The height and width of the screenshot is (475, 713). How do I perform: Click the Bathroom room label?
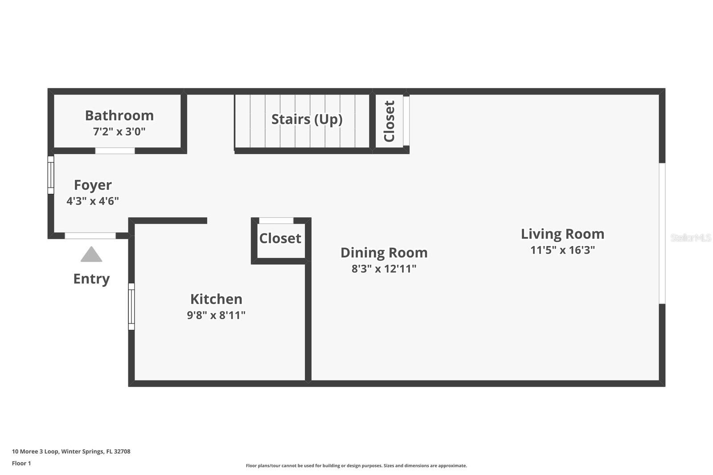[119, 115]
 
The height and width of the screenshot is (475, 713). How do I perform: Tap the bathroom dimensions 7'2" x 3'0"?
[119, 131]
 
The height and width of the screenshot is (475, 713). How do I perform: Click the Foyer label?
[93, 185]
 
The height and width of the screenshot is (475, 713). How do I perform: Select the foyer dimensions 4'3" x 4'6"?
[93, 201]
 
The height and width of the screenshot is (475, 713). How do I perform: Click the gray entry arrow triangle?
[91, 255]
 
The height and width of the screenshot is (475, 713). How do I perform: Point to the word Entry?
[91, 279]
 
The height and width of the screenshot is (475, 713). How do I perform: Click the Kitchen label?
[216, 299]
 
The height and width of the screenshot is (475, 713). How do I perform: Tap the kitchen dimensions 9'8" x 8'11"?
[216, 315]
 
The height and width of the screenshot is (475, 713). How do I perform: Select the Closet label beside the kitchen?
[280, 238]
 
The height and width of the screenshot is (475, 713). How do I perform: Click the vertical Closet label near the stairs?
[389, 121]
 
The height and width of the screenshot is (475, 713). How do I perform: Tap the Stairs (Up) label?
[307, 119]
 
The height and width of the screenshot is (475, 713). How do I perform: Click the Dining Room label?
[384, 253]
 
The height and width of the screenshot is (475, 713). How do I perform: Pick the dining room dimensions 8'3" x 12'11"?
[384, 269]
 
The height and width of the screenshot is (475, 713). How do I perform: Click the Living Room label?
[562, 234]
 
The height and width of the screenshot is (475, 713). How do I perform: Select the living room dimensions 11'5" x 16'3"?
[562, 250]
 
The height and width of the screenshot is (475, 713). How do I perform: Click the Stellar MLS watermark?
[690, 238]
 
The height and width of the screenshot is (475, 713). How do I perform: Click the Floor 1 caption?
[21, 463]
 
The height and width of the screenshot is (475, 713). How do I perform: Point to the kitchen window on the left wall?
[131, 307]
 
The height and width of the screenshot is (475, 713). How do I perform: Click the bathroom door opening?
[115, 151]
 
